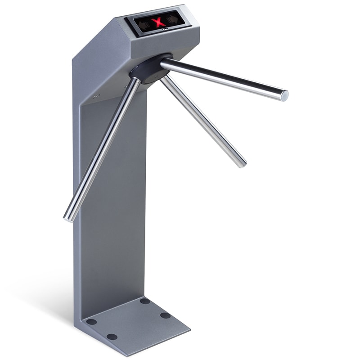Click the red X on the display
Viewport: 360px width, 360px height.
(x=158, y=22)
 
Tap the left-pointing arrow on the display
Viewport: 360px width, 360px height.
(x=144, y=24)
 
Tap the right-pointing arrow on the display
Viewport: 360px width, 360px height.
(x=173, y=19)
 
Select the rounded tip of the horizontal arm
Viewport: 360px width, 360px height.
(x=284, y=95)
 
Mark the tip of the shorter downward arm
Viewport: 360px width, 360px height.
(x=242, y=163)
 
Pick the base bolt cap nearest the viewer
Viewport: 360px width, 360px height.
(x=112, y=337)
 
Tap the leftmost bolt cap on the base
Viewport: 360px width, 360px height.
(x=91, y=322)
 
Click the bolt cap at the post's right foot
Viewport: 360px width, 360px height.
(x=144, y=301)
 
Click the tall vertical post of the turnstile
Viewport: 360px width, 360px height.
(x=112, y=202)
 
